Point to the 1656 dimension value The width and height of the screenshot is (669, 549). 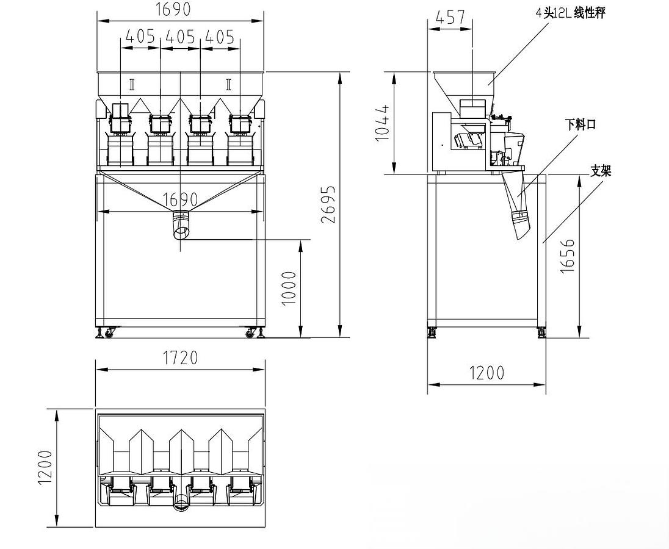(x=567, y=256)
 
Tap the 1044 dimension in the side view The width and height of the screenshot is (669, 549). (x=383, y=123)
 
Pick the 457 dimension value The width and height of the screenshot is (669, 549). (x=450, y=18)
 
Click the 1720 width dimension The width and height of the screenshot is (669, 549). (x=180, y=357)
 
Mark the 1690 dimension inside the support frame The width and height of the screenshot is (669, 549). (x=180, y=199)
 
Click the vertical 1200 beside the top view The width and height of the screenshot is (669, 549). (x=46, y=468)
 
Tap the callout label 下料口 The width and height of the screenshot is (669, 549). (x=580, y=125)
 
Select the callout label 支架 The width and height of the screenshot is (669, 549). (x=601, y=171)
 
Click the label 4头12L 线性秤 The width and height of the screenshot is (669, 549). (x=570, y=13)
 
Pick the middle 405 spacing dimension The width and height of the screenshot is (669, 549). (x=180, y=37)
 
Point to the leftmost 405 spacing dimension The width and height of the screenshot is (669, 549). (x=140, y=37)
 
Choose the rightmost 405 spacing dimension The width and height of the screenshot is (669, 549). (x=220, y=37)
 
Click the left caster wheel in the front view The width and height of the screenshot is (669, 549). (x=110, y=333)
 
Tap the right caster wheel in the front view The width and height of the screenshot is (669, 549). (x=250, y=333)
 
